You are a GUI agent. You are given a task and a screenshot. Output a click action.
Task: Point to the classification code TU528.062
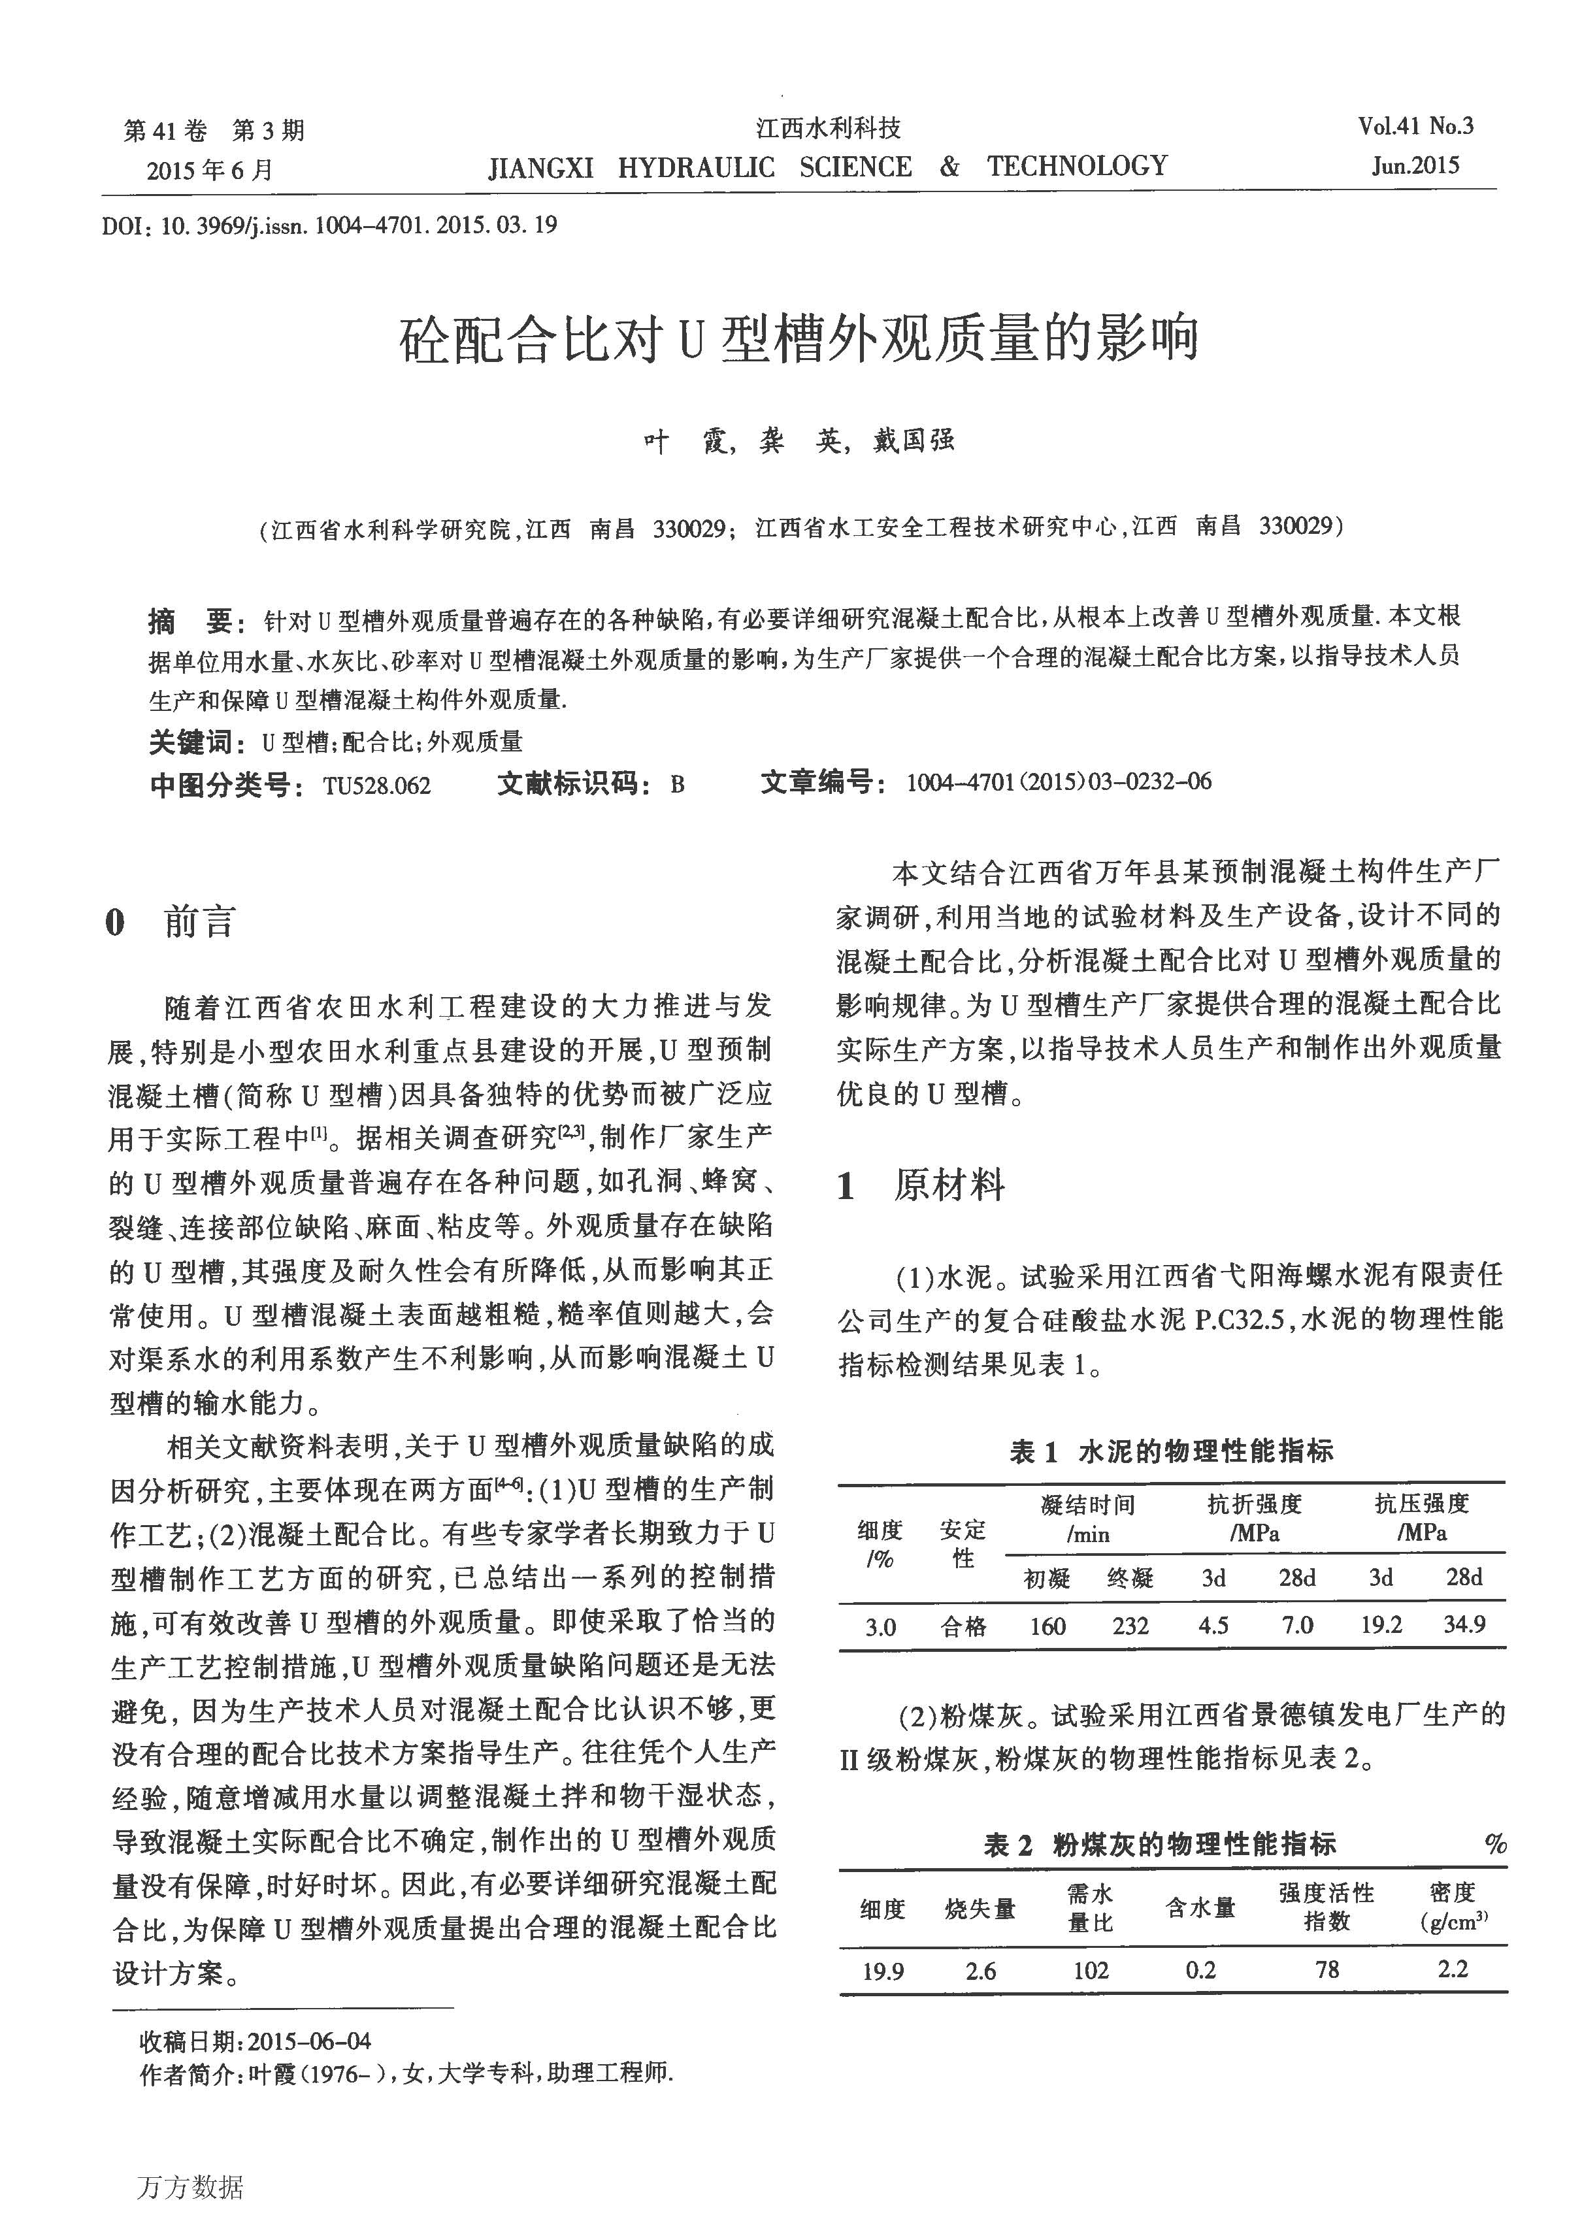coord(376,785)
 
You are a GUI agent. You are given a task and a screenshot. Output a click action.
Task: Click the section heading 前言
coord(200,921)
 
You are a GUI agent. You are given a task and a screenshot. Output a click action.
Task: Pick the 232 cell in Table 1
coord(1130,1626)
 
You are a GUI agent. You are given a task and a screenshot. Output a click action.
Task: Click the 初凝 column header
coord(1047,1578)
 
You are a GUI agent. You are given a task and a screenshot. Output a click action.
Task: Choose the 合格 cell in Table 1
coord(963,1626)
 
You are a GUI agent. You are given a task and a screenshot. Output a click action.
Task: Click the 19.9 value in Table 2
coord(883,1971)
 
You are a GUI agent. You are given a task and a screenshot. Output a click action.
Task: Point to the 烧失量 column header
coord(980,1909)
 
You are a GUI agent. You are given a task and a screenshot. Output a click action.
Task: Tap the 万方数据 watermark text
coord(190,2188)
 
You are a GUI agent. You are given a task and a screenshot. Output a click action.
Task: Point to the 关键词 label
coord(190,743)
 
